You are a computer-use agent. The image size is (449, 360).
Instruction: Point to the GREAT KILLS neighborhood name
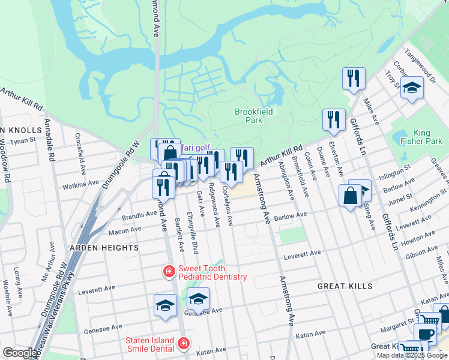(x=346, y=287)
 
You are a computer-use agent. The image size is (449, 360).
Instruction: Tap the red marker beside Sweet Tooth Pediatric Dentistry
(x=169, y=272)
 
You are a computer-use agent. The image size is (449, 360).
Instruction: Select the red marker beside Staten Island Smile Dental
(x=183, y=344)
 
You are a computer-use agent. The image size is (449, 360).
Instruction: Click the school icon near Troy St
(x=412, y=88)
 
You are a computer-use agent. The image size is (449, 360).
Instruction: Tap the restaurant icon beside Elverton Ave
(x=334, y=120)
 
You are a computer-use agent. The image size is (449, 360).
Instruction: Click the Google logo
(x=20, y=353)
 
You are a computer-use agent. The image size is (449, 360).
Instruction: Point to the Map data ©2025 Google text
(x=412, y=355)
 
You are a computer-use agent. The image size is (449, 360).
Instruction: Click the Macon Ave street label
(x=124, y=229)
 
